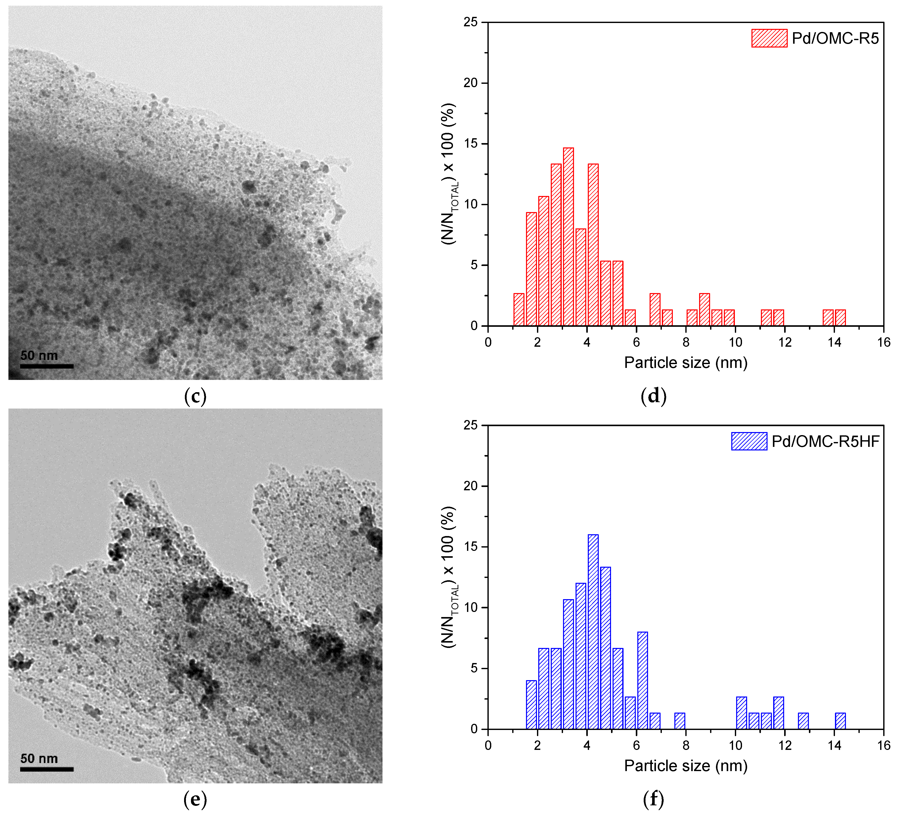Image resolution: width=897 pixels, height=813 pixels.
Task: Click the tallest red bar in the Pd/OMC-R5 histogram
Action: point(568,236)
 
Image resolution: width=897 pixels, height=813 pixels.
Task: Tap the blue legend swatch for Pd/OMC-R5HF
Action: point(749,441)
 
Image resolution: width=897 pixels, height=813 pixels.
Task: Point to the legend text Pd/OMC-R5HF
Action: point(825,441)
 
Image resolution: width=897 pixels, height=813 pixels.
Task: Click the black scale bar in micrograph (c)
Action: point(47,366)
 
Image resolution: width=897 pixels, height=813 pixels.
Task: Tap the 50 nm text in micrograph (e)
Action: point(39,758)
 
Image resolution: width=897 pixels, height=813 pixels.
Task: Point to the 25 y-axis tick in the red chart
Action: point(470,22)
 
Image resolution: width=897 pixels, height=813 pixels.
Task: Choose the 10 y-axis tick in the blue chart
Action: point(470,608)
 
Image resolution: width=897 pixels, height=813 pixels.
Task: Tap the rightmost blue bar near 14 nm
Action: point(840,721)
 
